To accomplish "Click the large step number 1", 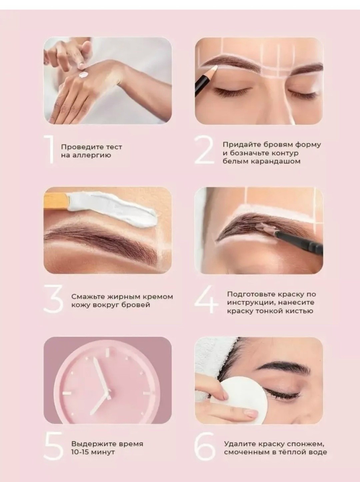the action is [x=50, y=150].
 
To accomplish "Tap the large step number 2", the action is [x=204, y=150].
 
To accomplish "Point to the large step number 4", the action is [x=206, y=299].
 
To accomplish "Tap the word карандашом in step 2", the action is [x=275, y=161].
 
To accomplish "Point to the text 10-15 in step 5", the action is [x=80, y=452].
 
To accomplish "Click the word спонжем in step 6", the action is [x=306, y=444].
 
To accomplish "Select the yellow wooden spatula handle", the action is [x=57, y=201].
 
